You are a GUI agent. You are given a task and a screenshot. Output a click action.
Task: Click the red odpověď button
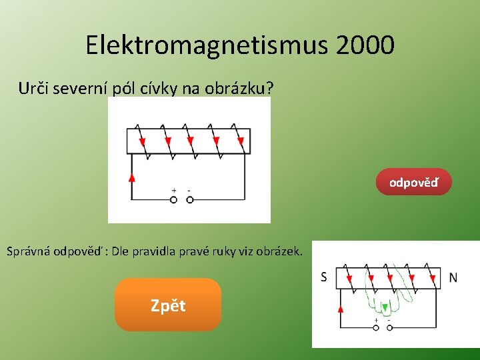point(413,182)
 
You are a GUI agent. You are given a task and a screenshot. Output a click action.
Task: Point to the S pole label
point(324,277)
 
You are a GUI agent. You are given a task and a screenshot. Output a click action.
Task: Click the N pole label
point(453,277)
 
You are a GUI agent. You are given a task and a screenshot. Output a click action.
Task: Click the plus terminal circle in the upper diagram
point(173,199)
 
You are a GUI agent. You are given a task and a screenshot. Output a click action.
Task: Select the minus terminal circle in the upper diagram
point(189,199)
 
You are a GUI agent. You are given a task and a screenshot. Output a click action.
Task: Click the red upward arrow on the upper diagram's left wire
point(131,177)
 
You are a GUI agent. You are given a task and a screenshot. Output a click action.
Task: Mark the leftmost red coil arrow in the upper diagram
point(142,141)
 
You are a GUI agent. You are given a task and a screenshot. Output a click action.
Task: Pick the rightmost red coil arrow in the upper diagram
point(240,141)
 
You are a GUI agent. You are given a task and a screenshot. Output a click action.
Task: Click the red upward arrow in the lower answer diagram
point(341,309)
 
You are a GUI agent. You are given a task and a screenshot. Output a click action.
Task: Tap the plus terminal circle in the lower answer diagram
point(376,327)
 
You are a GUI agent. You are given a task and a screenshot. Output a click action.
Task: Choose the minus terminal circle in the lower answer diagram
point(389,327)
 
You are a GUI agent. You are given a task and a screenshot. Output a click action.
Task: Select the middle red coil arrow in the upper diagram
point(191,141)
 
